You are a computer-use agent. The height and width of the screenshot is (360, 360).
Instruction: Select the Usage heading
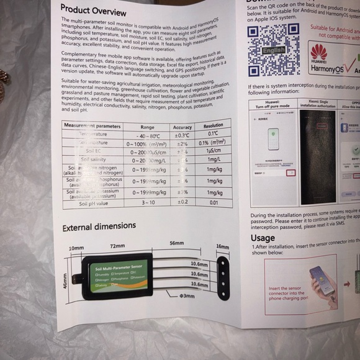tap(263, 238)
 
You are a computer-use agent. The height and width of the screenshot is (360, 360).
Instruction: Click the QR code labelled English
tap(274, 49)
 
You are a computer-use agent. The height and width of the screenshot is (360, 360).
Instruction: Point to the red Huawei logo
tap(319, 51)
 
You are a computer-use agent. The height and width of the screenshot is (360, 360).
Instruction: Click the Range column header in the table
tap(146, 127)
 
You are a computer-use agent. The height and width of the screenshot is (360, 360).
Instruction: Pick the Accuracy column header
tap(182, 127)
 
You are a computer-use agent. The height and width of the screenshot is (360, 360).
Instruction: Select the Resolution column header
tap(214, 125)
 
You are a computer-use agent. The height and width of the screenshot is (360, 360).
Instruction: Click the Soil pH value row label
tap(94, 202)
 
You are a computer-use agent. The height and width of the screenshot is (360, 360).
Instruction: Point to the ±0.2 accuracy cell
tap(183, 202)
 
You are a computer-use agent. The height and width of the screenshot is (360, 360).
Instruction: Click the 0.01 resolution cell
tap(214, 202)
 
